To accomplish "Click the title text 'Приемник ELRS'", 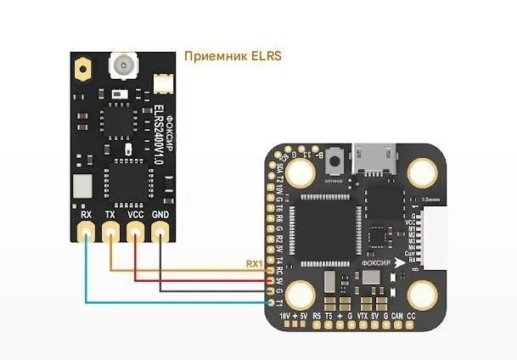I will click(232, 56).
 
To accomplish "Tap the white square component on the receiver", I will click(81, 185).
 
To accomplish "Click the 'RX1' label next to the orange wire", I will click(254, 264).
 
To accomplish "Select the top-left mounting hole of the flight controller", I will click(299, 173).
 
